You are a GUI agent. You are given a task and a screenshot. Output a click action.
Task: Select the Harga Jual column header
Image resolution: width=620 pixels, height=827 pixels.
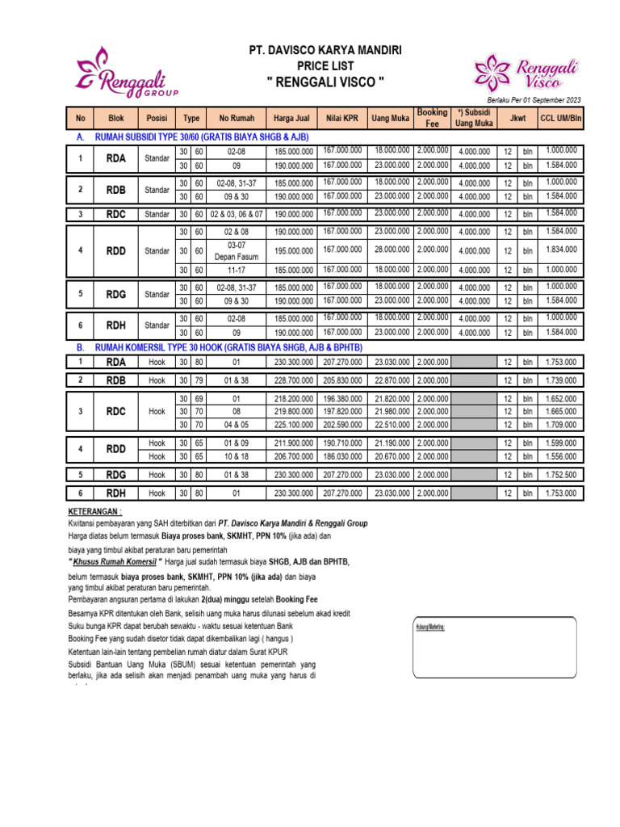coord(292,119)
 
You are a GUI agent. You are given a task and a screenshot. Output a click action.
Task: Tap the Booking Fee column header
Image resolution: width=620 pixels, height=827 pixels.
coord(432,118)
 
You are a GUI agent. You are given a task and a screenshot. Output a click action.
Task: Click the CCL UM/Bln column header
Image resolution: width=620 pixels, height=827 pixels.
coord(561,119)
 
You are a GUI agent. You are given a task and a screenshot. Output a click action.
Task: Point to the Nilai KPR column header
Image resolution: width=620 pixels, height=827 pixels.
coord(342,119)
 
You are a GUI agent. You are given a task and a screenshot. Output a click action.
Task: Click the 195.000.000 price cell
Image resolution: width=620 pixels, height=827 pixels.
coord(292,250)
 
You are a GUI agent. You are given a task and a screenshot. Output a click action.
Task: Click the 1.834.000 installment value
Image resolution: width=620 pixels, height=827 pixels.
coord(561,250)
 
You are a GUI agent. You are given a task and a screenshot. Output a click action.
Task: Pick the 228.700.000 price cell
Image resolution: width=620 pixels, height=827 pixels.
coord(292,380)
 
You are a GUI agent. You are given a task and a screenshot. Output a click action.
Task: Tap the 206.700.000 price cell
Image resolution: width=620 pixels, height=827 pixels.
coord(292,456)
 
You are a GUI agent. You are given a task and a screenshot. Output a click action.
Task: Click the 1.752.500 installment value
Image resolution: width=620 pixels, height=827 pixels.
coord(561,474)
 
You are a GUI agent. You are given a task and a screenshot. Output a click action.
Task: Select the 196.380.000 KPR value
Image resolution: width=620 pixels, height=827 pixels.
coord(342,398)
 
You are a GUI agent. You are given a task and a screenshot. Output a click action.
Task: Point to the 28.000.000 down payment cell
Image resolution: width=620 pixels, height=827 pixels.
coord(392,250)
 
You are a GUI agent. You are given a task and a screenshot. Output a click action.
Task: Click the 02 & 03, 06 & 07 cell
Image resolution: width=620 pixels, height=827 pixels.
coord(236,214)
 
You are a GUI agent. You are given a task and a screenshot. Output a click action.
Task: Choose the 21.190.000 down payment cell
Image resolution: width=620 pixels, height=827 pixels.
coord(392,443)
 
